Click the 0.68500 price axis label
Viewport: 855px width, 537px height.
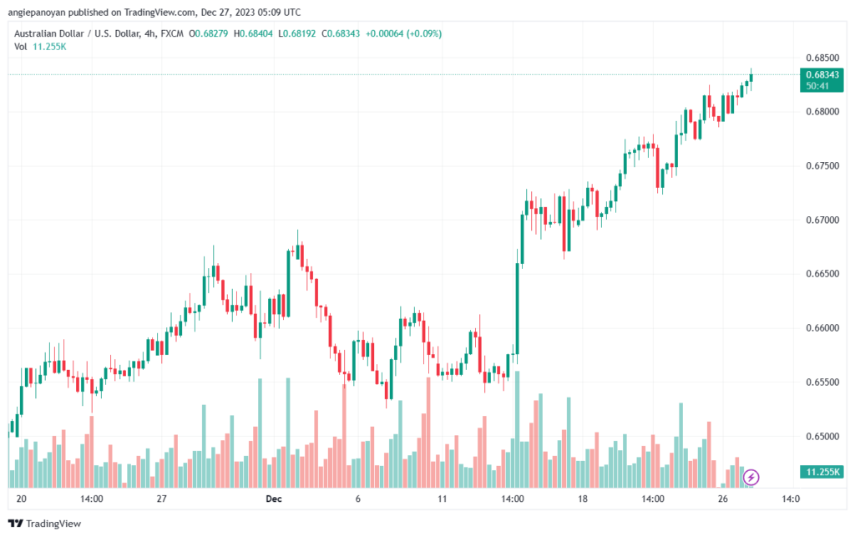tap(822, 58)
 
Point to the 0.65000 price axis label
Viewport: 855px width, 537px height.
tap(822, 436)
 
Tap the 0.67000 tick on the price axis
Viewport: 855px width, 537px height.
tap(822, 220)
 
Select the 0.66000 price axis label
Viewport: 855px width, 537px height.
tap(822, 327)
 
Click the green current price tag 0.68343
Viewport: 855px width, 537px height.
tap(822, 79)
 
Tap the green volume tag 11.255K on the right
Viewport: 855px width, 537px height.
tap(822, 472)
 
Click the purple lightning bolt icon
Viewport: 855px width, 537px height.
tap(751, 478)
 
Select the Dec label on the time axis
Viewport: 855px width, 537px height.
tap(274, 499)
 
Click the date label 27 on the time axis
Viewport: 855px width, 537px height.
tap(161, 499)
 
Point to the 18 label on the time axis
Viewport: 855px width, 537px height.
tap(582, 499)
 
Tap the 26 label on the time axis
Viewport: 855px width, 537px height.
tap(722, 499)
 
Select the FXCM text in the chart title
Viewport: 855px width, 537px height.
tap(172, 33)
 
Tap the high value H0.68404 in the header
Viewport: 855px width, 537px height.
tap(253, 33)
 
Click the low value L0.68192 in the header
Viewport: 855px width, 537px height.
tap(296, 33)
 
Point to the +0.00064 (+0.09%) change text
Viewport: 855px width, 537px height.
tap(403, 33)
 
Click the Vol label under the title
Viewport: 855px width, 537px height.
tap(21, 46)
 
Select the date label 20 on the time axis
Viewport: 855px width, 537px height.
tap(21, 499)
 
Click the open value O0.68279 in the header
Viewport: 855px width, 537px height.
tap(208, 33)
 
